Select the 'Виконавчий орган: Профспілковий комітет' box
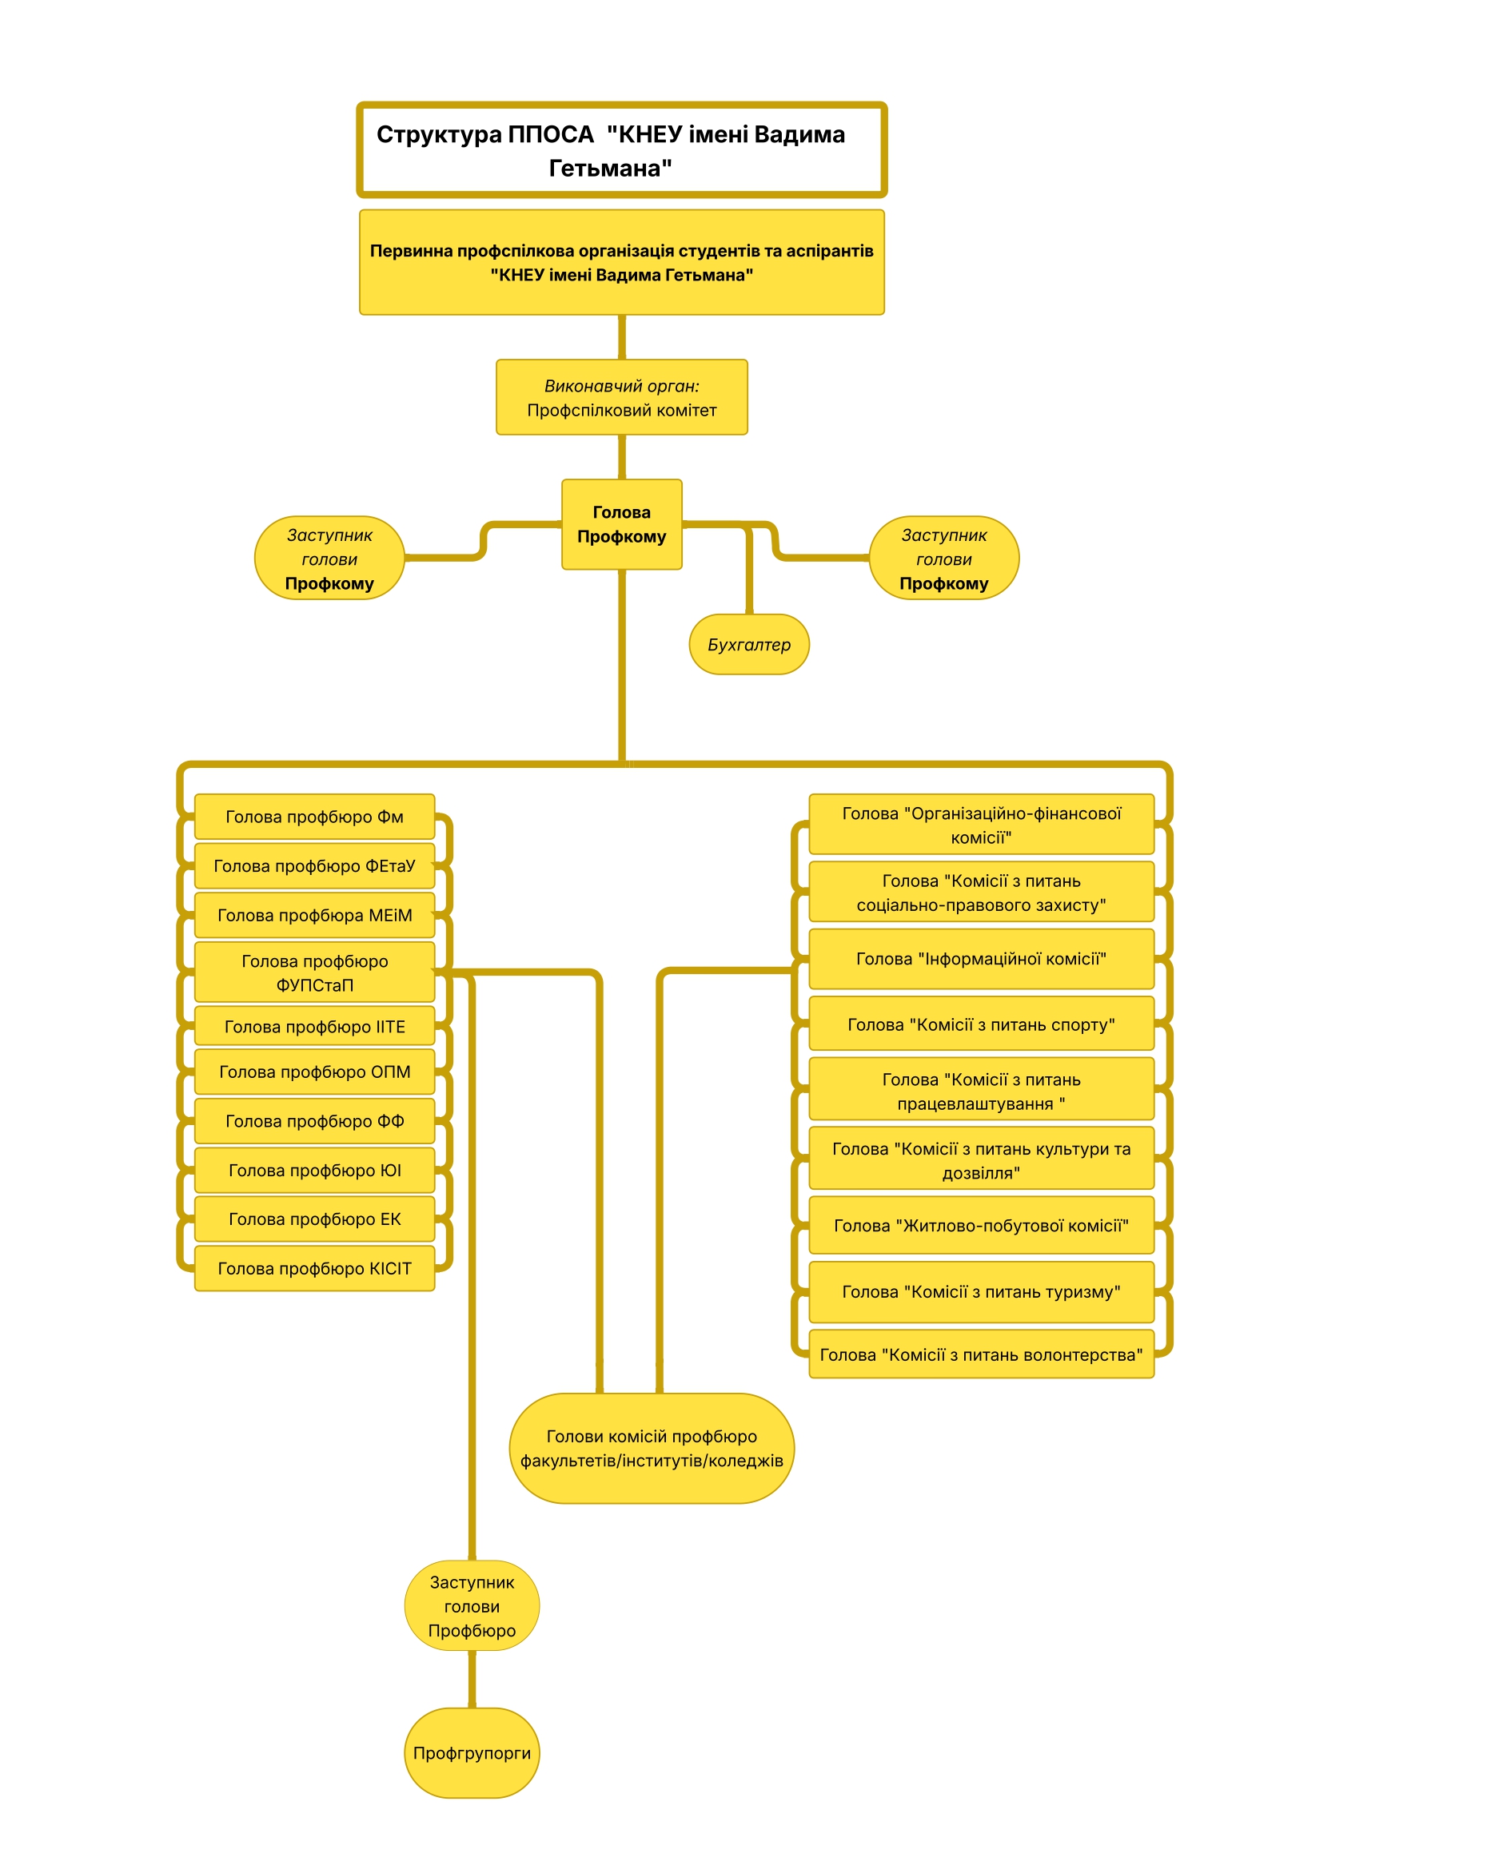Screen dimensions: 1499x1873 pyautogui.click(x=621, y=397)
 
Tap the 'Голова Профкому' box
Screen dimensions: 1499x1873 pyautogui.click(x=621, y=524)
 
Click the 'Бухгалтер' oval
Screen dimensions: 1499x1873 pyautogui.click(x=749, y=644)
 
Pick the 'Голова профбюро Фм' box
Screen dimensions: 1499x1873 pyautogui.click(x=314, y=816)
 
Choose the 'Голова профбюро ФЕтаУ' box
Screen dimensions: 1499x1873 pyautogui.click(x=314, y=865)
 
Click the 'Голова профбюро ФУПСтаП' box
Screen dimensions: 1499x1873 pyautogui.click(x=314, y=972)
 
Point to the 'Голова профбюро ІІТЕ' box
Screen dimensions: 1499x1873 pyautogui.click(x=314, y=1026)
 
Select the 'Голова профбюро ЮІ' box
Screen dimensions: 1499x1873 pyautogui.click(x=314, y=1169)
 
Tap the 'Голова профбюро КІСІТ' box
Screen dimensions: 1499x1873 pyautogui.click(x=314, y=1267)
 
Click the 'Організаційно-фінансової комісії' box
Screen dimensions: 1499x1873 pyautogui.click(x=981, y=825)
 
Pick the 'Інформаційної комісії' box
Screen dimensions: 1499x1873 pyautogui.click(x=981, y=958)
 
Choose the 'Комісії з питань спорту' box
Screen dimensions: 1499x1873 pyautogui.click(x=981, y=1024)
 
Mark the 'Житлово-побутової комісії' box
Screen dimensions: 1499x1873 pyautogui.click(x=981, y=1225)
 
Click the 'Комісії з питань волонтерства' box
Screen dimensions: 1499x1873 pyautogui.click(x=981, y=1354)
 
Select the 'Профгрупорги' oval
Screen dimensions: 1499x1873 pyautogui.click(x=472, y=1753)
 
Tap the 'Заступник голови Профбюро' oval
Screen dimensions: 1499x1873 pyautogui.click(x=472, y=1606)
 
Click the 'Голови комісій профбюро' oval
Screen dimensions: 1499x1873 pyautogui.click(x=652, y=1448)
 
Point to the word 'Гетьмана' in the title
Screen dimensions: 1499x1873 pyautogui.click(x=610, y=168)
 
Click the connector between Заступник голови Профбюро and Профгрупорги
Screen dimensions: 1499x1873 pyautogui.click(x=472, y=1680)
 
